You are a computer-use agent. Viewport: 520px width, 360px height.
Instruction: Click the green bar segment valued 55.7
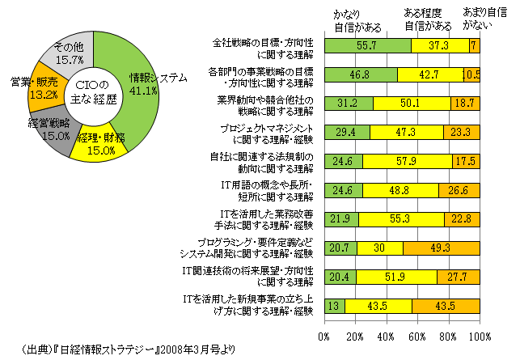pos(367,48)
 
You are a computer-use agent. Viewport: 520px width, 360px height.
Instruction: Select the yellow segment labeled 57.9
pos(408,162)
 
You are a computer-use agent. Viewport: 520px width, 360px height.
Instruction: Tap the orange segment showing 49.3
pos(442,248)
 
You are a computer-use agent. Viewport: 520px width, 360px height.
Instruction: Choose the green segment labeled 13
pos(334,305)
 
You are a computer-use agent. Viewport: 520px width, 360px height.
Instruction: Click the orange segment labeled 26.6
pos(459,190)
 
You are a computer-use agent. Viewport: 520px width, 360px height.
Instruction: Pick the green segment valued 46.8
pos(361,76)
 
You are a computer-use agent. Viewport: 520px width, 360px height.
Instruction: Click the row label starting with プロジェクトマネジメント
pos(269,133)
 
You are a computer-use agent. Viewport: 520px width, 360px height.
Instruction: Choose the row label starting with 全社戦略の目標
pos(264,48)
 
